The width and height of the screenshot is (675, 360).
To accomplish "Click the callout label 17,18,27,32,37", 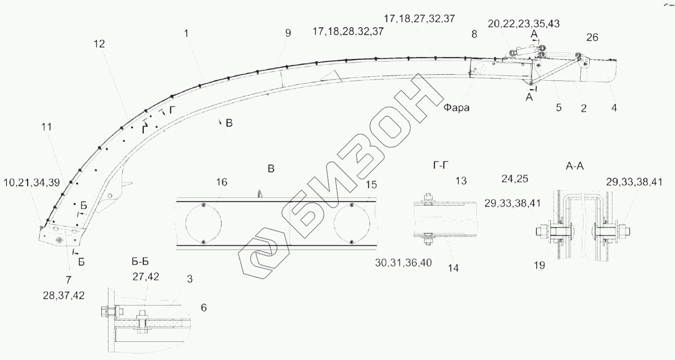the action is coord(419,19).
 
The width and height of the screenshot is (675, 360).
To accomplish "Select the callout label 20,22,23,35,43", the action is coord(524,24).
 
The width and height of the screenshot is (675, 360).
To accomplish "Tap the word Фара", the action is coord(456,107).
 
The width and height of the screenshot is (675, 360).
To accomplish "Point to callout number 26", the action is coord(592,37).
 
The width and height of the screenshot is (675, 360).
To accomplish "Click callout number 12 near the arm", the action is coord(99,44).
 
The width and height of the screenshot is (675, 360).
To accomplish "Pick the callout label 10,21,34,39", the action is coord(32,183).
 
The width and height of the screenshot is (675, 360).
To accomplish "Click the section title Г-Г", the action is coord(440,165).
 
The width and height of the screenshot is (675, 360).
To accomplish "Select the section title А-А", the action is coord(575,166).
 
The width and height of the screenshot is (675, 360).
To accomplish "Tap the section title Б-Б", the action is coord(140,262).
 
